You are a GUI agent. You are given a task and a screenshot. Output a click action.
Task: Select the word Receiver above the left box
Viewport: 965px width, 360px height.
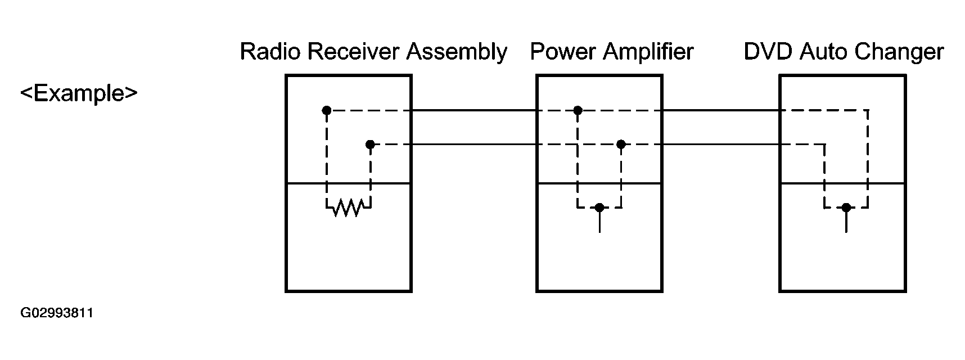click(354, 52)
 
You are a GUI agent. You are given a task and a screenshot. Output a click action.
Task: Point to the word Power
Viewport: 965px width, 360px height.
click(563, 52)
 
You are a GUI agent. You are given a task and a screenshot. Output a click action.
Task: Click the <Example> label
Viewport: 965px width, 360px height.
click(79, 93)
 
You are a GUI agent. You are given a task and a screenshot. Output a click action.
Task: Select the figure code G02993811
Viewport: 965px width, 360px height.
click(57, 313)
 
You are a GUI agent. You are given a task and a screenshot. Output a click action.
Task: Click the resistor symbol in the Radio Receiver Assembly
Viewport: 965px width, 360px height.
click(349, 208)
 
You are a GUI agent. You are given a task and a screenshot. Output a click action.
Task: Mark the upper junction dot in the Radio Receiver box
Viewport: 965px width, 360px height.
click(327, 110)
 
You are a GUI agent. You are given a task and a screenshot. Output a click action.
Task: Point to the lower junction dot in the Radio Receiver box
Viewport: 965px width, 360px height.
click(370, 145)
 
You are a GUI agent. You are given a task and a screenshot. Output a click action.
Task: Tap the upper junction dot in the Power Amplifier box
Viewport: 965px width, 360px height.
click(578, 110)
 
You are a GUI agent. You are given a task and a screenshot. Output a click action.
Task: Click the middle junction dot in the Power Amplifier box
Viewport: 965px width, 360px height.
click(621, 145)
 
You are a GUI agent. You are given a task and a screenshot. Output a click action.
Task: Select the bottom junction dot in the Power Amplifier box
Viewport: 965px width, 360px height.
click(599, 208)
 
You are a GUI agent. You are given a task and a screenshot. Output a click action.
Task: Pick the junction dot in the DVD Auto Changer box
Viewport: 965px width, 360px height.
click(846, 208)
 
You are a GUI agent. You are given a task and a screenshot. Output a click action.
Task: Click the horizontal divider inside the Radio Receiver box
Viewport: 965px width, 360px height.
click(349, 183)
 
